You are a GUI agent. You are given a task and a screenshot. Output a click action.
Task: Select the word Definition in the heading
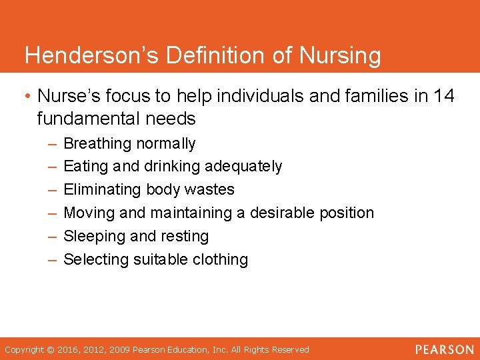click(218, 56)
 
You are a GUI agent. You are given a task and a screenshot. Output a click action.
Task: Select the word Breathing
click(97, 143)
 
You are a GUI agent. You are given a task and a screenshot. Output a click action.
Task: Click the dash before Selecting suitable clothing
click(52, 259)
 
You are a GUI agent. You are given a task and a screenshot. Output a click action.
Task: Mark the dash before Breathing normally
click(52, 143)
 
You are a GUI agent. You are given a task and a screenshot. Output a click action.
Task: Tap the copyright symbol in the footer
click(48, 349)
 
